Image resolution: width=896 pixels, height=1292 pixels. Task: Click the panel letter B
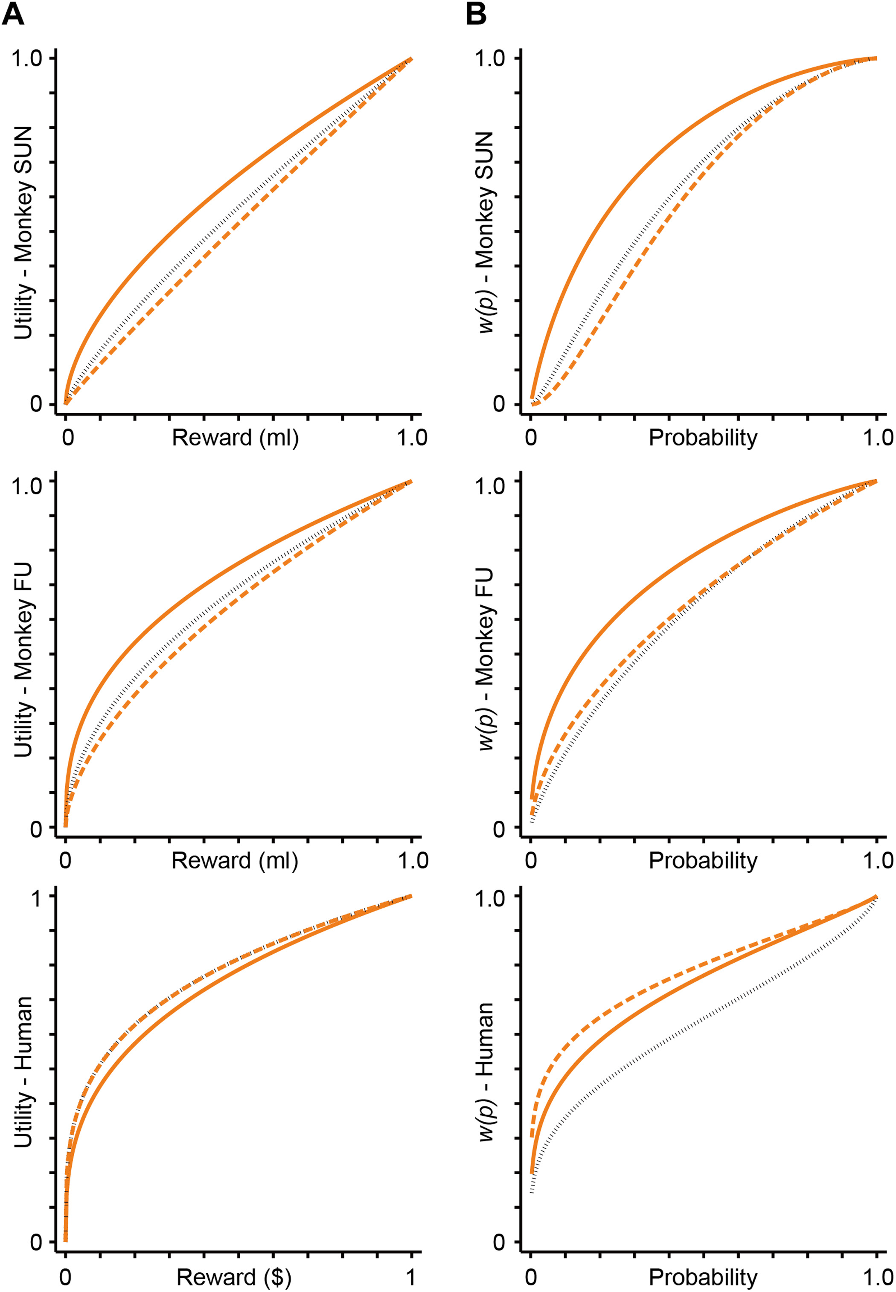pos(476,14)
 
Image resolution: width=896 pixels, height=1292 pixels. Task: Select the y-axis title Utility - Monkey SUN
pos(23,232)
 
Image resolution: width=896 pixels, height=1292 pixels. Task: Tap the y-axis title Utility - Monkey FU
pos(23,659)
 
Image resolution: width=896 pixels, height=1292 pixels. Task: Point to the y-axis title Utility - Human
pos(23,1072)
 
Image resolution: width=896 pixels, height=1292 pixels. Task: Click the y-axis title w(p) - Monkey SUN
pos(486,232)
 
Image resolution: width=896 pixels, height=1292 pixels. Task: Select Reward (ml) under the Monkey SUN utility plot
pos(235,438)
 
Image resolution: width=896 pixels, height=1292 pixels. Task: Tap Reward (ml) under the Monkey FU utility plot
pos(235,860)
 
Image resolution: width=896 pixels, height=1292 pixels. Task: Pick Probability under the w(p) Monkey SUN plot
pos(703,438)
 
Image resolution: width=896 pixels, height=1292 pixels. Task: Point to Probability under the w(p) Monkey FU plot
pos(703,860)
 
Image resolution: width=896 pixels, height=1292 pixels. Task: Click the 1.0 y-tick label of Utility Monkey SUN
pos(27,58)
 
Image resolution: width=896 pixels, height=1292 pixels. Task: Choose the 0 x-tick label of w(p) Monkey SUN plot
pos(530,438)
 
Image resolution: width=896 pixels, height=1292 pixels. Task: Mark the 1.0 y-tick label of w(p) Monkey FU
pos(491,485)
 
